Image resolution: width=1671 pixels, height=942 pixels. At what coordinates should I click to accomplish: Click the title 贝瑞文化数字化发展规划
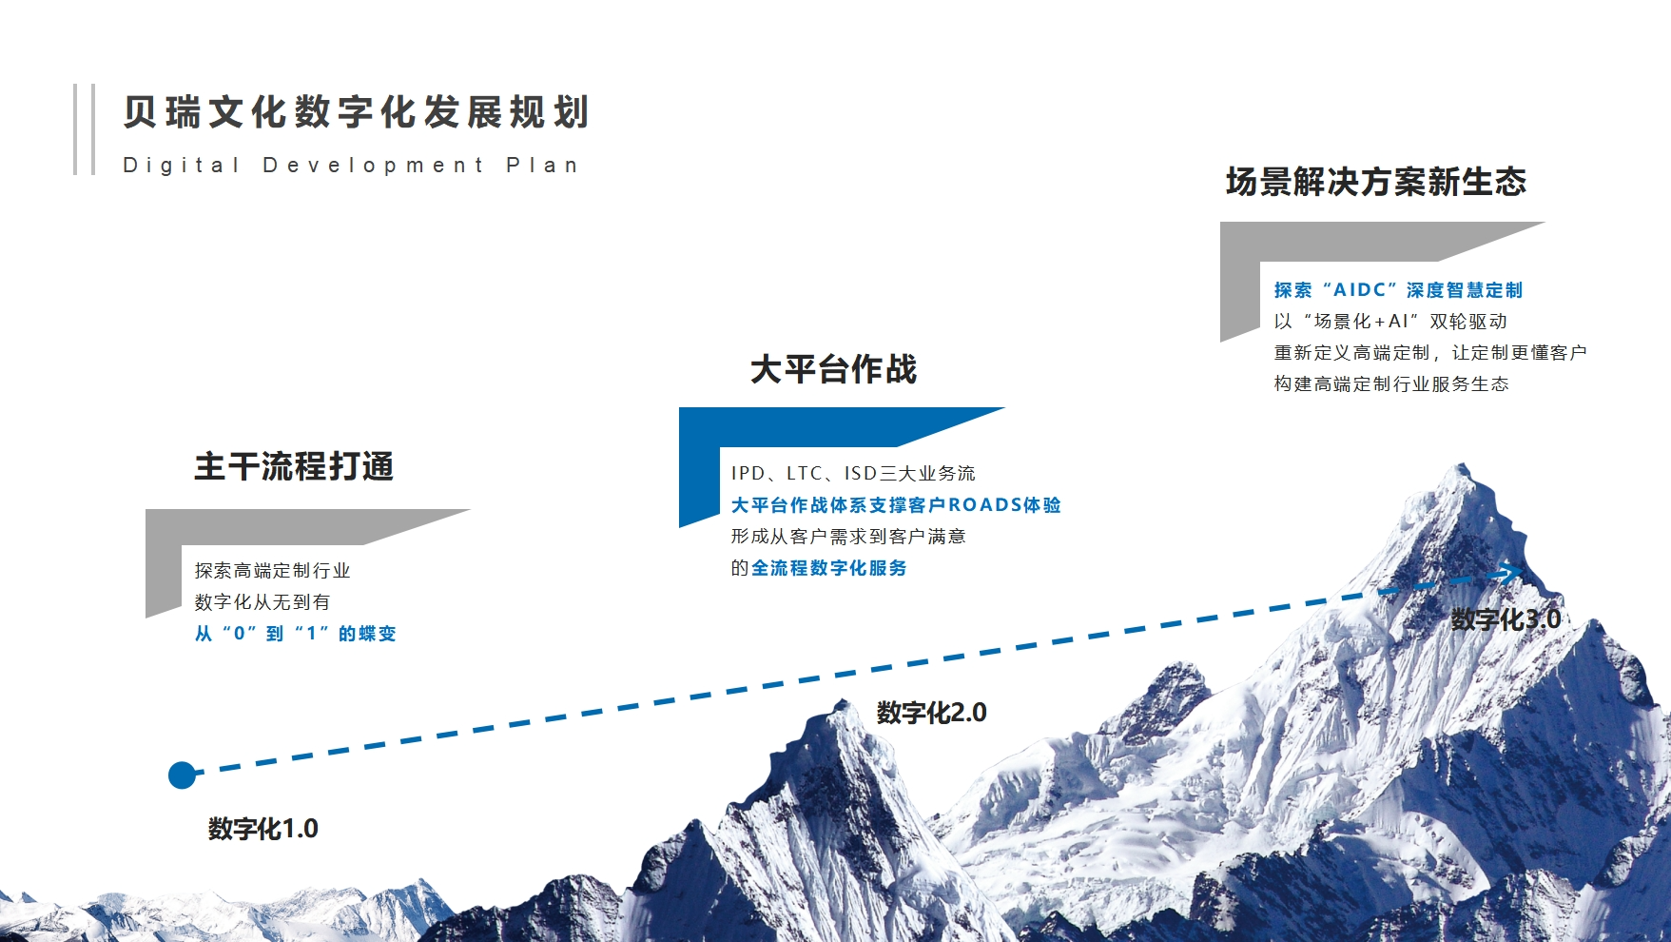pos(357,112)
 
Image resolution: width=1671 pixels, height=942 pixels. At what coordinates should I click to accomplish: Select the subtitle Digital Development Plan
pos(350,166)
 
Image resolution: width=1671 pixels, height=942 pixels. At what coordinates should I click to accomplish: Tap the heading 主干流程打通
pos(294,466)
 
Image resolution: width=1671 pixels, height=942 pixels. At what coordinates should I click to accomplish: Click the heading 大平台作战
pos(833,369)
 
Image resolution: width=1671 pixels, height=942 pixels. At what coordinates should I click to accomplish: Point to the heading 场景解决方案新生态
pos(1375,182)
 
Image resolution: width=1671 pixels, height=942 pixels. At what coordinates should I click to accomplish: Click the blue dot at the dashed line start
pos(182,775)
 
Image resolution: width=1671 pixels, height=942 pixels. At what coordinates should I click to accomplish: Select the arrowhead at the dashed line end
pos(1509,573)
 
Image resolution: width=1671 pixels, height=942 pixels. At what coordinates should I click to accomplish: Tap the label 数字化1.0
pos(263,829)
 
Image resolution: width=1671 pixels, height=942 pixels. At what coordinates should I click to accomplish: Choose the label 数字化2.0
pos(931,713)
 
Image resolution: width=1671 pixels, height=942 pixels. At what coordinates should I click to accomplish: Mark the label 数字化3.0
pos(1506,619)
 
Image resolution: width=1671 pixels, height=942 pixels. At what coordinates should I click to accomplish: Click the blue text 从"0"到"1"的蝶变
pos(295,634)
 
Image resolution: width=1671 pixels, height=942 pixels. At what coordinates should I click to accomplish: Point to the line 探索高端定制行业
pos(272,571)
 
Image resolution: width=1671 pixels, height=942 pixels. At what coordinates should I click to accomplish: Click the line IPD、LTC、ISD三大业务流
pos(853,473)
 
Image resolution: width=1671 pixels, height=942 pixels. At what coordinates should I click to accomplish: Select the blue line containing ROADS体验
pos(895,505)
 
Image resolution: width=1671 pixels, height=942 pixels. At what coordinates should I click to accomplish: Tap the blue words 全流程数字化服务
pos(828,568)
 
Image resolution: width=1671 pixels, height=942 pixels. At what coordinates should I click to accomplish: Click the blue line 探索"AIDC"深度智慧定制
pos(1398,290)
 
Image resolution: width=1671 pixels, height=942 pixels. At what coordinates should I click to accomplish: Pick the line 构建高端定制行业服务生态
pos(1391,384)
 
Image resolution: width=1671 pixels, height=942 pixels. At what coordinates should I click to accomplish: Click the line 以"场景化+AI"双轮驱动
pos(1390,322)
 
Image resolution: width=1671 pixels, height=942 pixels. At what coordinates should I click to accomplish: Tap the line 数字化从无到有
pos(262,602)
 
